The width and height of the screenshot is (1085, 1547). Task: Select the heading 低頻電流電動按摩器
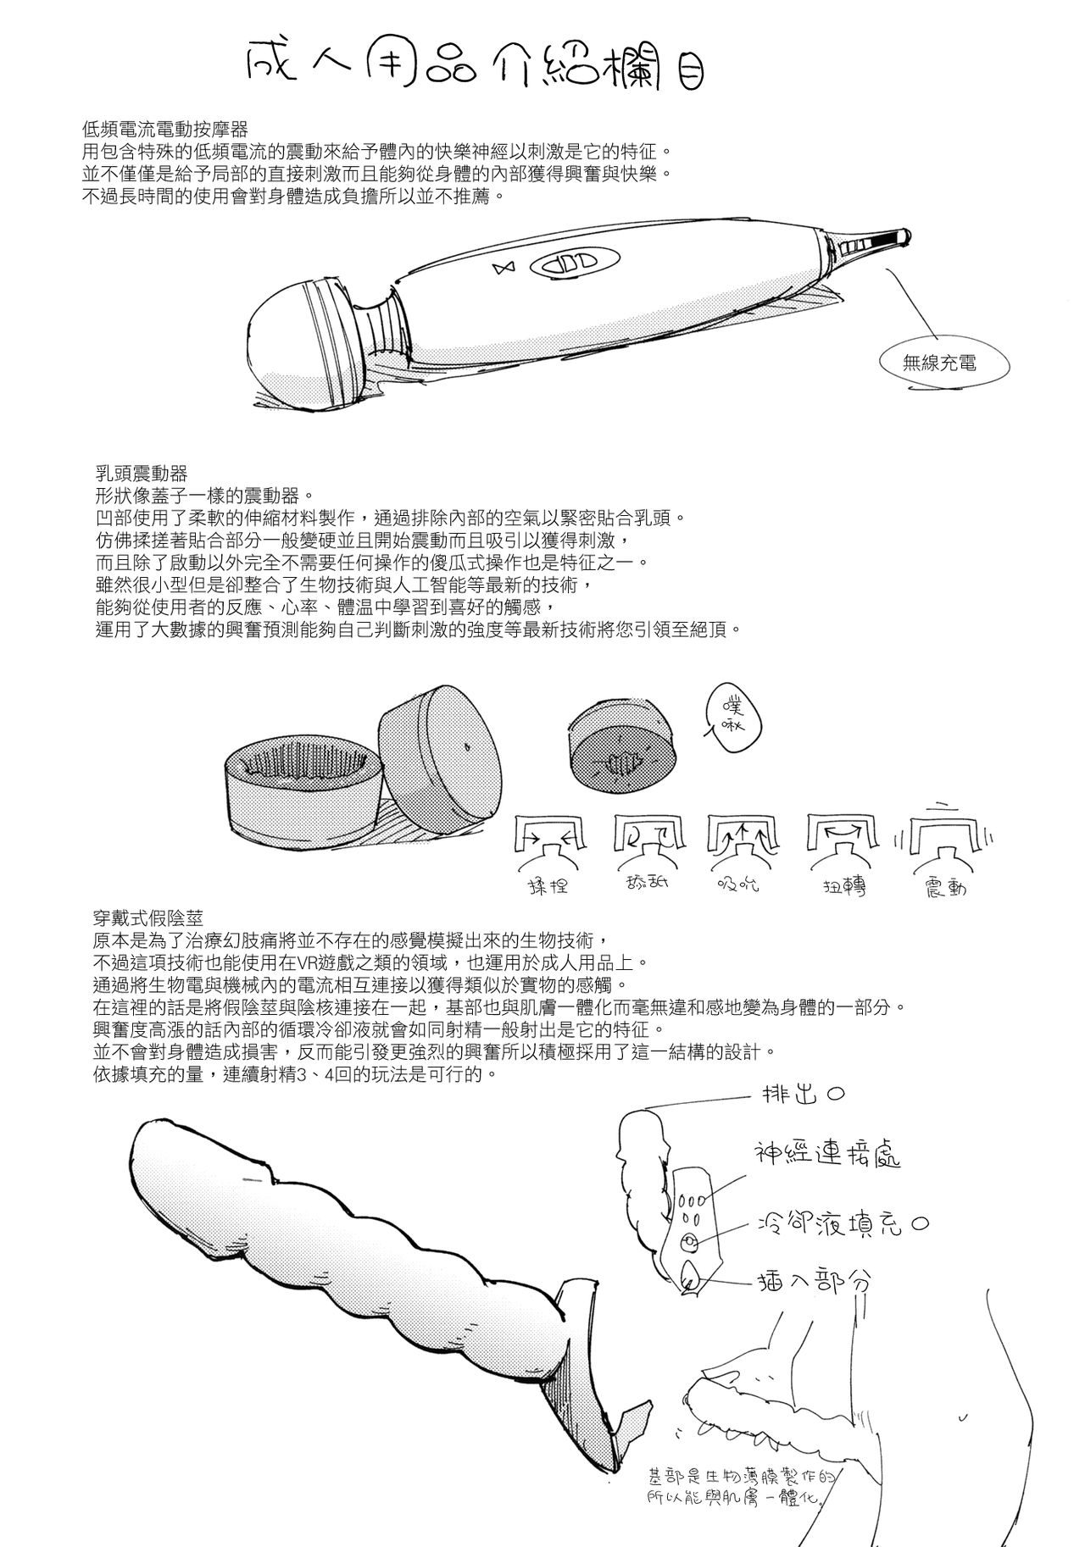tap(164, 130)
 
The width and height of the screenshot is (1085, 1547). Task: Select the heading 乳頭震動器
tap(142, 473)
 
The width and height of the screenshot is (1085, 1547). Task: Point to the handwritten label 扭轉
tap(843, 887)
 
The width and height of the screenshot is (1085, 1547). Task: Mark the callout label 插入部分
tap(813, 1283)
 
